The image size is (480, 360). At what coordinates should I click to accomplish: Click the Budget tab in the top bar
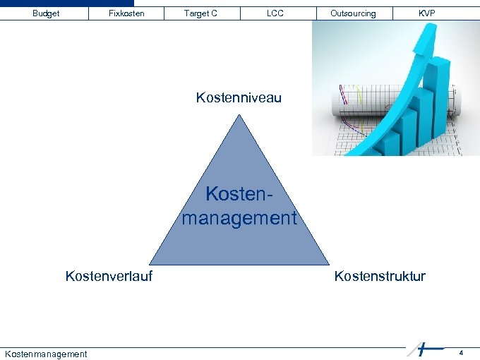46,13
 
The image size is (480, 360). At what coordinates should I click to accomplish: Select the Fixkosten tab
126,13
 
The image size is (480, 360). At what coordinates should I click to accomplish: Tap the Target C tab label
200,13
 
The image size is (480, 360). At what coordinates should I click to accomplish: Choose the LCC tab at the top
275,13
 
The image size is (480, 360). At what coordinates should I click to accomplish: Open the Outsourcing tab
353,13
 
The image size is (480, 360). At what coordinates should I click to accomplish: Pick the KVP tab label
426,13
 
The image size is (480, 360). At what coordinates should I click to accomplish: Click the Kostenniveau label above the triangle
239,98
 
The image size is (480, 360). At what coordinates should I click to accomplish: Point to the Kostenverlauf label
109,276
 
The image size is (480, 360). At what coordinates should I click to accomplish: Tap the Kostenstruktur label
380,276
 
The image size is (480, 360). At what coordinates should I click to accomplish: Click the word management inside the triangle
239,218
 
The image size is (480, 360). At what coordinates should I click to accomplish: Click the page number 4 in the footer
461,352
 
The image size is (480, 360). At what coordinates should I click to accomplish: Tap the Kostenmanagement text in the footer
46,354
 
